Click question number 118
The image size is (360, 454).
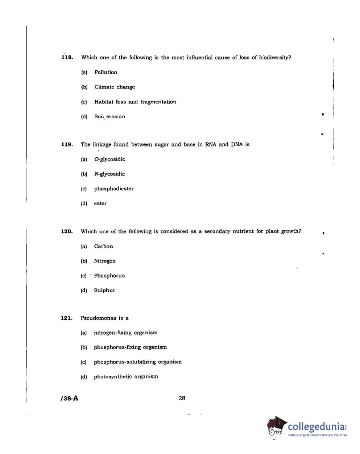67,57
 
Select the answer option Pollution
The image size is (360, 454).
106,72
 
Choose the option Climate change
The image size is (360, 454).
115,87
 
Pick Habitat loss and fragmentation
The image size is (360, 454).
135,102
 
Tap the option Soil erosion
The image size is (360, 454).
109,116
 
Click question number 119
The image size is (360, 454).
67,144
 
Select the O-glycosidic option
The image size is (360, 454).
109,159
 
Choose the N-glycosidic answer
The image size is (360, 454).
109,174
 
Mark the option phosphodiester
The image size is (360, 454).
114,189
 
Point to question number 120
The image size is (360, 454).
67,231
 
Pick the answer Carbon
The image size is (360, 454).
103,246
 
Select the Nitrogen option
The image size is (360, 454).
105,261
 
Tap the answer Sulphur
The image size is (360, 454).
104,290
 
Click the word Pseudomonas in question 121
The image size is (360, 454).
98,318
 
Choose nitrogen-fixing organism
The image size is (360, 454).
125,333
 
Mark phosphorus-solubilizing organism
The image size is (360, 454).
138,362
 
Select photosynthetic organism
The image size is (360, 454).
126,376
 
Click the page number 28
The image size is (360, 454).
182,398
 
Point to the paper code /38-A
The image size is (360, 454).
69,399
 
